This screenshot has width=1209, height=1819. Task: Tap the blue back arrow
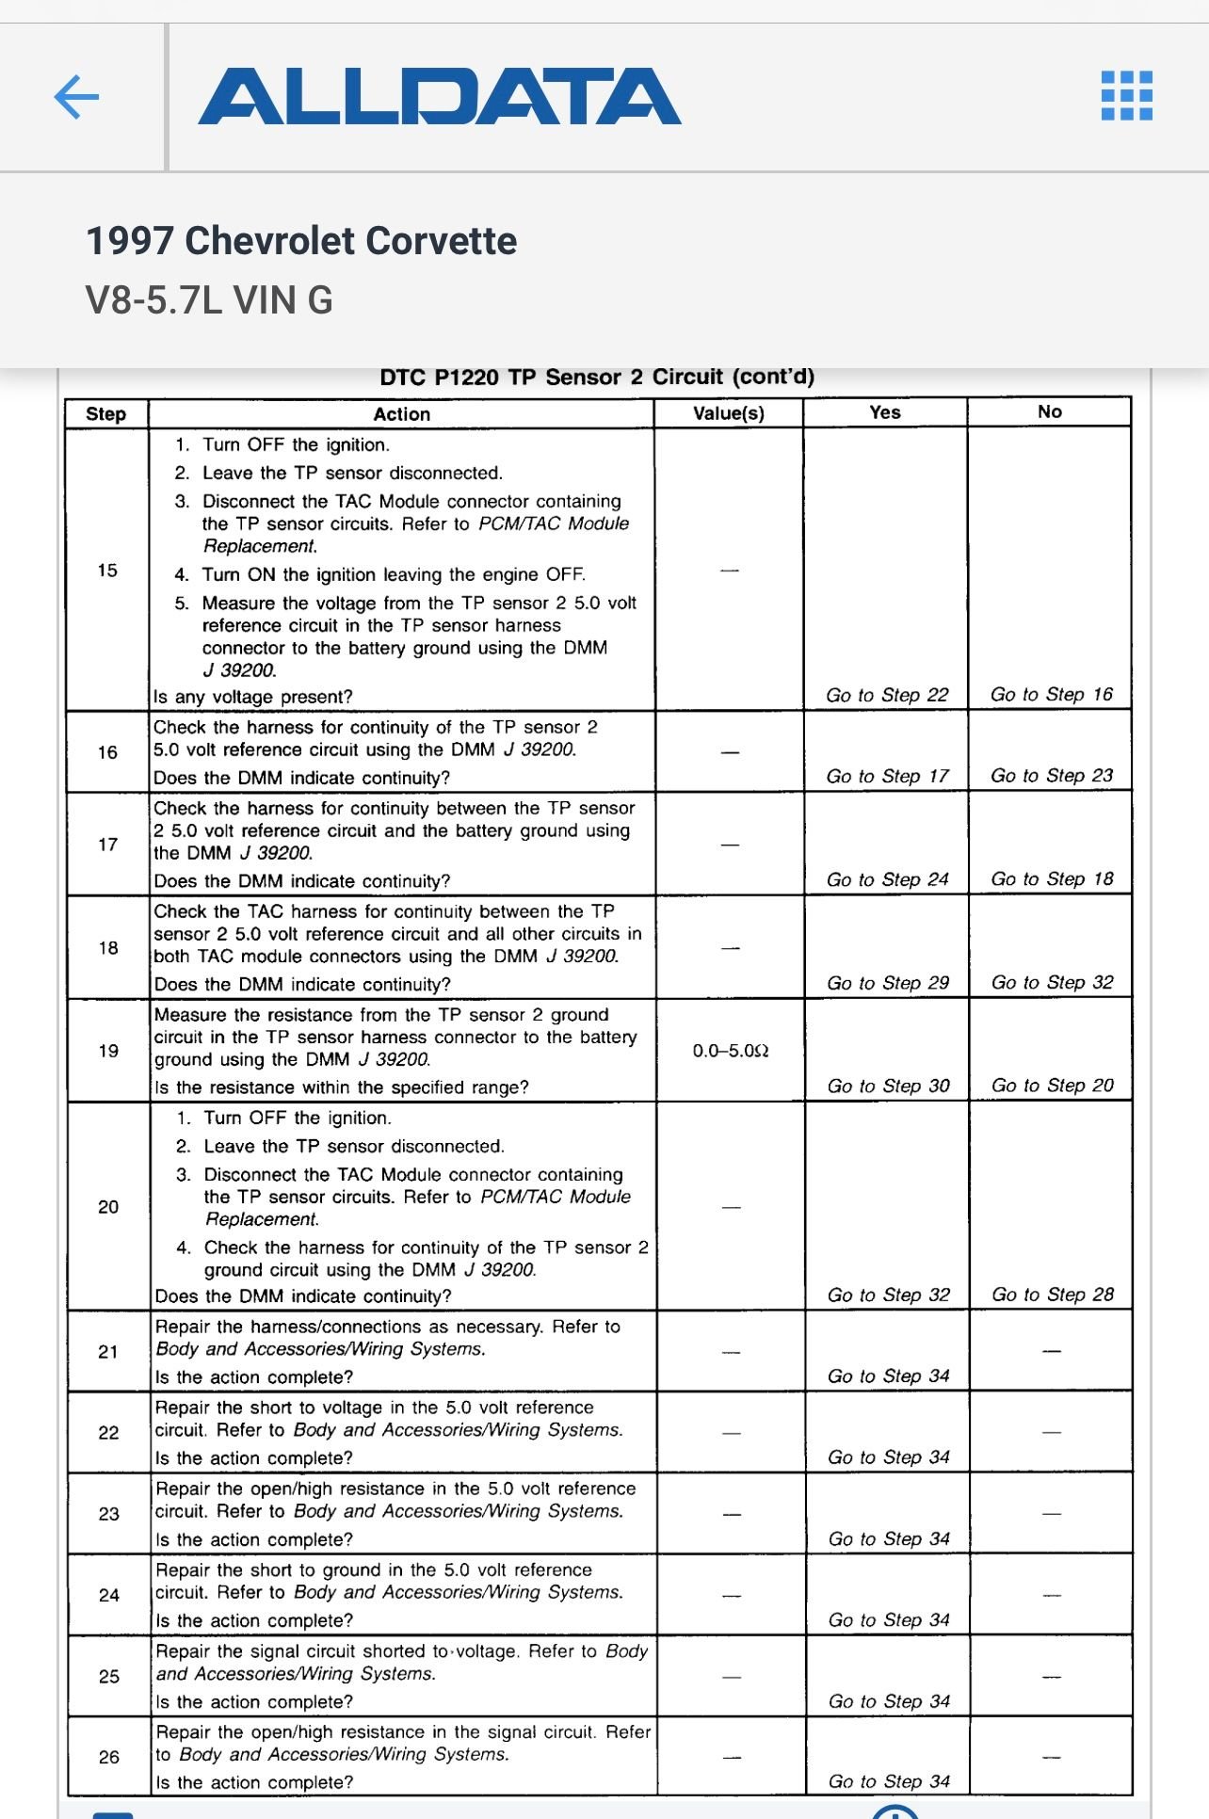(x=77, y=97)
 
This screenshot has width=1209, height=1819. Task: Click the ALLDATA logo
(x=439, y=97)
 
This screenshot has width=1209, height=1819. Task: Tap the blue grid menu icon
(x=1126, y=96)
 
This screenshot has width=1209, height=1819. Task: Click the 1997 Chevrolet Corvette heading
(x=301, y=241)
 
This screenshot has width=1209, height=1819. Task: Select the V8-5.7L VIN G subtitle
(x=209, y=300)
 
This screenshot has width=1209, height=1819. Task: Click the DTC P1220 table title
(x=597, y=378)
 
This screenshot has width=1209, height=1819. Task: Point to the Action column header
(x=401, y=414)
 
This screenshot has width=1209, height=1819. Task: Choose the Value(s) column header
(x=728, y=413)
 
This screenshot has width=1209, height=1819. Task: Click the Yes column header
(x=885, y=412)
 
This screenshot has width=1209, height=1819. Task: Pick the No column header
(x=1049, y=411)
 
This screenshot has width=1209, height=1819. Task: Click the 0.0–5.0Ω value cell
(x=731, y=1051)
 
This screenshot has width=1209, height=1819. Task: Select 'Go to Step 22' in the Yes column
(x=887, y=696)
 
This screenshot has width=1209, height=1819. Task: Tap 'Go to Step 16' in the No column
(x=1051, y=695)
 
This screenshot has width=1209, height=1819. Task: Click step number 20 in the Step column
(x=108, y=1207)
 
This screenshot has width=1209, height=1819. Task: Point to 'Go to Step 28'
(x=1052, y=1295)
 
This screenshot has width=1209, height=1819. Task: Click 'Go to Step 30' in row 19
(x=888, y=1087)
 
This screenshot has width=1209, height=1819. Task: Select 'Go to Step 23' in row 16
(x=1051, y=776)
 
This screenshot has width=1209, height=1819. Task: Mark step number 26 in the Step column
(x=109, y=1757)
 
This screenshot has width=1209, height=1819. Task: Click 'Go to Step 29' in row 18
(x=888, y=983)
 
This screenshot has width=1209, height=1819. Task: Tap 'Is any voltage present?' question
(x=253, y=698)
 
